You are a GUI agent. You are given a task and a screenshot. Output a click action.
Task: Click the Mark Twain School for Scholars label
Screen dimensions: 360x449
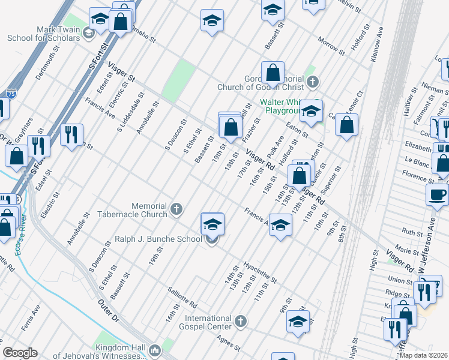[x=43, y=34]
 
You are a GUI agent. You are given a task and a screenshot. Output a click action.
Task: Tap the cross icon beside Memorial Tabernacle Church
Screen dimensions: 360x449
[x=176, y=209]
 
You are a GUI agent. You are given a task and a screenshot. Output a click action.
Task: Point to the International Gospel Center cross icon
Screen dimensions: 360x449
[x=240, y=322]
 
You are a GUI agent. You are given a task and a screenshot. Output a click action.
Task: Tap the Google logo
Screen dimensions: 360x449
[x=20, y=353]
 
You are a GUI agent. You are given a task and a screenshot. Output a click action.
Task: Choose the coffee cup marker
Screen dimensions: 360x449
[x=437, y=194]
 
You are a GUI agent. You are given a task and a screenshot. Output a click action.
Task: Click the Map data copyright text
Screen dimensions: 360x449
[x=423, y=355]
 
